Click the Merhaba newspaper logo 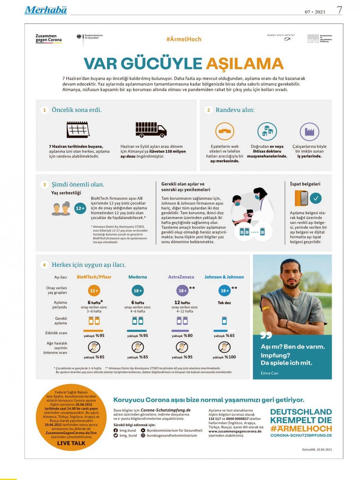pyautogui.click(x=46, y=10)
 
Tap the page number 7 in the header pyautogui.click(x=339, y=10)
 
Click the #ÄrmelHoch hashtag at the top pyautogui.click(x=183, y=39)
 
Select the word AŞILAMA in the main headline pyautogui.click(x=245, y=64)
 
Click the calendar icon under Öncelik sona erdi pyautogui.click(x=78, y=130)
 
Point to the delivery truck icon pyautogui.click(x=151, y=130)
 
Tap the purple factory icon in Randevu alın pyautogui.click(x=309, y=132)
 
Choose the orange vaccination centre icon pyautogui.click(x=224, y=131)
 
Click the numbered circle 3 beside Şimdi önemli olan pyautogui.click(x=44, y=184)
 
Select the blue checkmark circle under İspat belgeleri pyautogui.click(x=316, y=198)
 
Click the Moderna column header pyautogui.click(x=138, y=277)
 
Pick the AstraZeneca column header pyautogui.click(x=181, y=277)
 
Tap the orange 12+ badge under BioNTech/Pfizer pyautogui.click(x=94, y=290)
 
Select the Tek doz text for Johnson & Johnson pyautogui.click(x=224, y=303)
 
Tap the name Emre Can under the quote pyautogui.click(x=269, y=373)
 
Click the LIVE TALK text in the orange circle pyautogui.click(x=71, y=443)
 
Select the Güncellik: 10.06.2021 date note pyautogui.click(x=317, y=449)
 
